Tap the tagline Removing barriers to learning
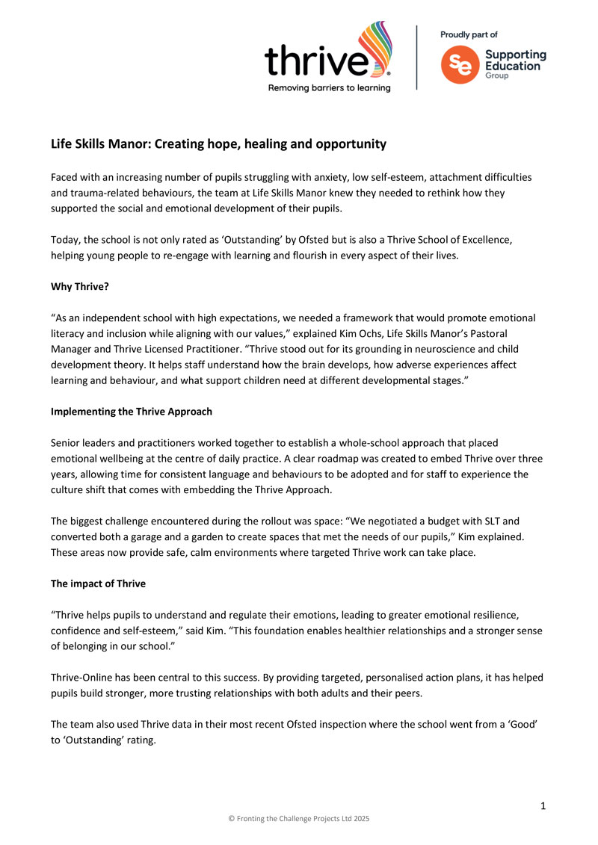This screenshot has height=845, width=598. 330,87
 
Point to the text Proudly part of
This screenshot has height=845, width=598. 469,34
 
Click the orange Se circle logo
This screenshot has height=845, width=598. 457,65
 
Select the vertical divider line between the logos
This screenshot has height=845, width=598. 416,58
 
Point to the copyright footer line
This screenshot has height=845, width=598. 298,819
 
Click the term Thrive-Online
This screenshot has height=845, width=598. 82,677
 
